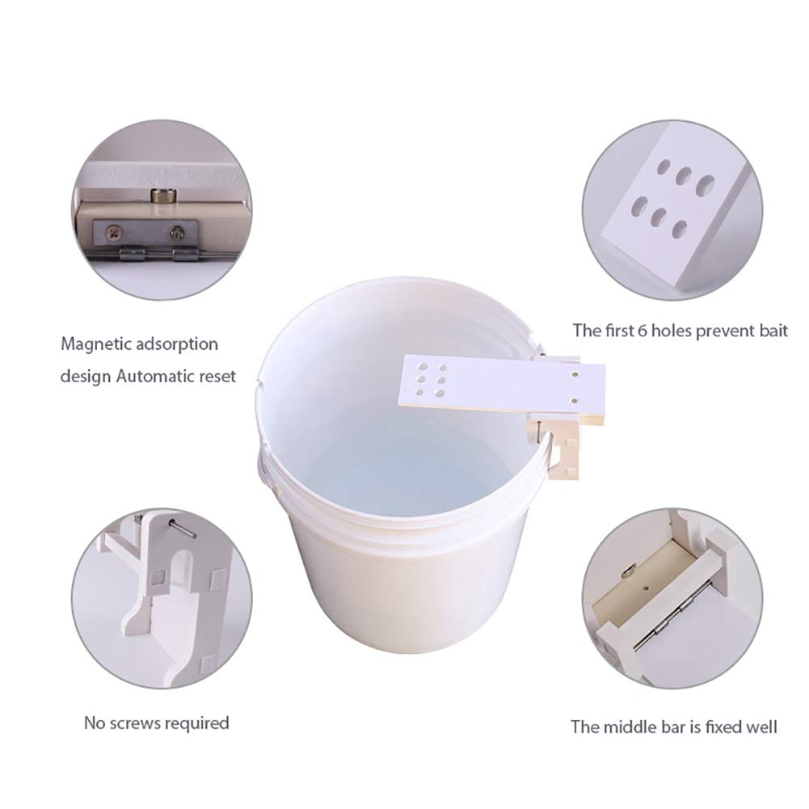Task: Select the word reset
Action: click(x=217, y=376)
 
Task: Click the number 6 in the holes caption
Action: click(x=643, y=331)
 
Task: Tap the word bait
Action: click(x=773, y=331)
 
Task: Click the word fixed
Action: click(x=724, y=727)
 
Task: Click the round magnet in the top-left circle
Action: click(x=161, y=196)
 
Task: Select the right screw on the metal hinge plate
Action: click(x=178, y=233)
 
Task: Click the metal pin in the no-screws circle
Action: click(x=182, y=528)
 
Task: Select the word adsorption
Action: click(x=176, y=344)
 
